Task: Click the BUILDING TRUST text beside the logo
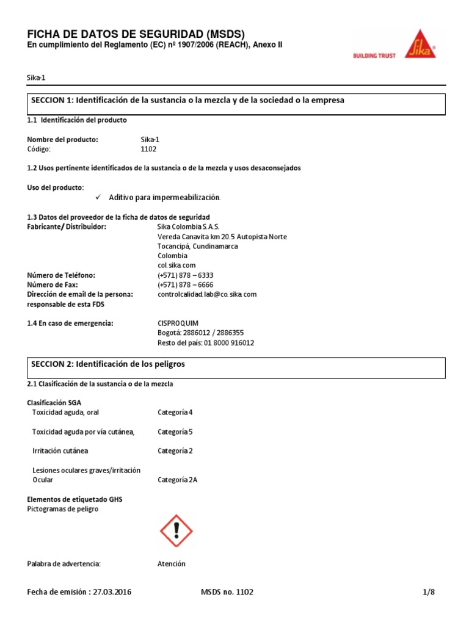(374, 56)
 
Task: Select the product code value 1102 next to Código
(149, 149)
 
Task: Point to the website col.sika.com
(176, 266)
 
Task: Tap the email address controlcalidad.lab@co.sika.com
(207, 294)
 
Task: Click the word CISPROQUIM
(178, 323)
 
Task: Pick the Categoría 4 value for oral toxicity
(175, 413)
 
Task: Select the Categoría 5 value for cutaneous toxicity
(175, 432)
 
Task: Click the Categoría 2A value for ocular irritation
(177, 480)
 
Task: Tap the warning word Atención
(172, 564)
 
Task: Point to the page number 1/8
(428, 592)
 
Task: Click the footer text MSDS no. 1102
(227, 592)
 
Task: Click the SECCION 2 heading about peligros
(108, 364)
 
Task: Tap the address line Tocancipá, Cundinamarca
(198, 246)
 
